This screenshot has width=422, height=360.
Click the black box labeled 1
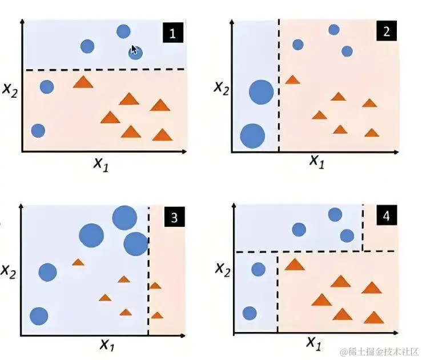pyautogui.click(x=173, y=33)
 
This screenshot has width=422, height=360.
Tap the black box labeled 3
pyautogui.click(x=174, y=217)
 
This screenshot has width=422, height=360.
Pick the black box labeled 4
pyautogui.click(x=387, y=217)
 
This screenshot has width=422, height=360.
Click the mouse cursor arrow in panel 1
pyautogui.click(x=134, y=50)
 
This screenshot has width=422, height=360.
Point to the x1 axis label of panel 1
pyautogui.click(x=101, y=164)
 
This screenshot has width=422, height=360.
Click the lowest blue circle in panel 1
pyautogui.click(x=38, y=130)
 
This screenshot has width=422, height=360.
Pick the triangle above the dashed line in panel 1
pyautogui.click(x=83, y=82)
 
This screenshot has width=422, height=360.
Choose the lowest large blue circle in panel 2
pyautogui.click(x=252, y=136)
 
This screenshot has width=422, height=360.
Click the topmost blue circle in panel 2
pyautogui.click(x=334, y=30)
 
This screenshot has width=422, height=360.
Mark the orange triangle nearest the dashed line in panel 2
pyautogui.click(x=292, y=80)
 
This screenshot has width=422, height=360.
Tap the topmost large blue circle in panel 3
pyautogui.click(x=124, y=217)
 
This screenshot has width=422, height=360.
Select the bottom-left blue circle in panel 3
pyautogui.click(x=39, y=315)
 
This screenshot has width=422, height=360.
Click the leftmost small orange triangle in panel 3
pyautogui.click(x=78, y=262)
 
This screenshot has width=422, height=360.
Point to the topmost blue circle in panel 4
pyautogui.click(x=335, y=214)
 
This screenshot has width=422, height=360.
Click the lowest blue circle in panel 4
pyautogui.click(x=250, y=313)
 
